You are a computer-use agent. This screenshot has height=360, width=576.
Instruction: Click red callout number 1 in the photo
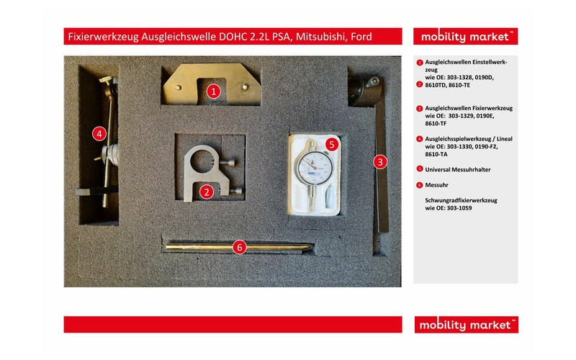[213, 91]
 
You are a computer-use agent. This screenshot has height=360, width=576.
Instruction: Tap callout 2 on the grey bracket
[207, 192]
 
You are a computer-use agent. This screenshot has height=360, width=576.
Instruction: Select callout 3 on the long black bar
[379, 162]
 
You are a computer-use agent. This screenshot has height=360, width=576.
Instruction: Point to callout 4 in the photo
[99, 132]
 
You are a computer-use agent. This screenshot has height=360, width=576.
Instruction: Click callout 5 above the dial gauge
[331, 144]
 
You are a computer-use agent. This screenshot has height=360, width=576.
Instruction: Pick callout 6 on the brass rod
[240, 247]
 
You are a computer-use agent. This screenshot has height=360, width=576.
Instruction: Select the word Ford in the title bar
[359, 36]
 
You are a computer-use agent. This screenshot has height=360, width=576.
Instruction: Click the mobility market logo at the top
[466, 36]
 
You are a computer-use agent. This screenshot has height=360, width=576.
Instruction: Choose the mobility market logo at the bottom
[466, 325]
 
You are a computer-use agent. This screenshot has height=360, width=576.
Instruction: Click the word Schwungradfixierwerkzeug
[462, 199]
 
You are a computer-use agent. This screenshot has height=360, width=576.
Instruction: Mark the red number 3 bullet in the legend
[419, 108]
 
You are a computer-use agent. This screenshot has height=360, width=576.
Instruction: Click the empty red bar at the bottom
[233, 325]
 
